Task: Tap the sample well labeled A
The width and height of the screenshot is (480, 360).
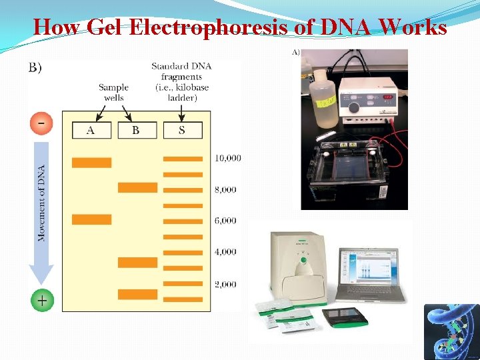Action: tap(91, 130)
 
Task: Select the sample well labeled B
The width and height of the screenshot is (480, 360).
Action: tap(137, 130)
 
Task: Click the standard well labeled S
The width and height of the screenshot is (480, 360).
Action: tap(182, 130)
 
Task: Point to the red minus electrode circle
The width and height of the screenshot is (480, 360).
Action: tap(41, 124)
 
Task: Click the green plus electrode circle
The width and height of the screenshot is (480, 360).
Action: tap(41, 301)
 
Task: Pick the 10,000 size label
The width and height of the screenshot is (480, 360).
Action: tap(228, 159)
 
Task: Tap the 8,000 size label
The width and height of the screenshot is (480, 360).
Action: tap(225, 189)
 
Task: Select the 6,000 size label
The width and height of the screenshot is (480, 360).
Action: tap(225, 221)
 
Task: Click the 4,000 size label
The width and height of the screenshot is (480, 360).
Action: tap(225, 252)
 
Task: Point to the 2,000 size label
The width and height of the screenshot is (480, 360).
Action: tap(225, 284)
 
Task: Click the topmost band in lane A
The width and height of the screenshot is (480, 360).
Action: tap(91, 163)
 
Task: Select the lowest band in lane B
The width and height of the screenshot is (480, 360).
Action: tap(137, 294)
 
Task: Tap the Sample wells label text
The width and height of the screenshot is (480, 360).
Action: tap(113, 93)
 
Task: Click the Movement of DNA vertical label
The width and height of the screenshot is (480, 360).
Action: tap(42, 203)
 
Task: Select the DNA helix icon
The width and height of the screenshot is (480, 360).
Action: tap(451, 331)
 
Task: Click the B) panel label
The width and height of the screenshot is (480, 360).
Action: tap(35, 68)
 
